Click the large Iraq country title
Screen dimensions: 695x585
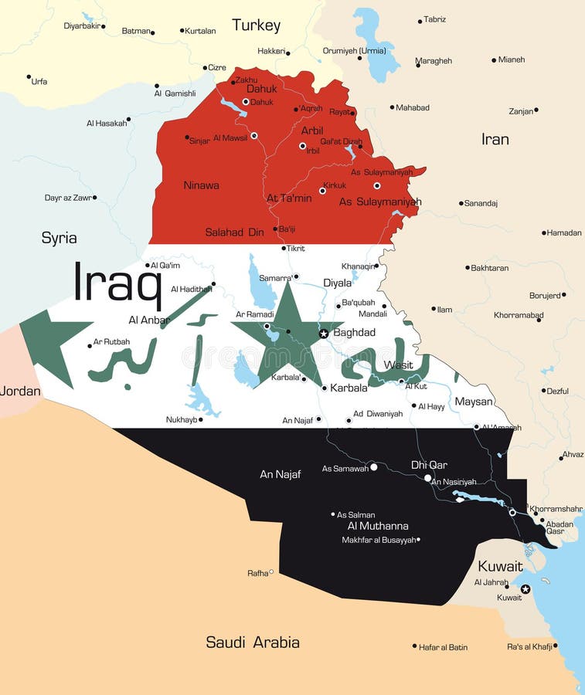click(117, 283)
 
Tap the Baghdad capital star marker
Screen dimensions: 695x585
click(324, 334)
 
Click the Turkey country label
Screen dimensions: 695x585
click(257, 25)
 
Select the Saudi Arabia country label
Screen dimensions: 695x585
click(253, 642)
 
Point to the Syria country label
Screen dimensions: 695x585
click(59, 238)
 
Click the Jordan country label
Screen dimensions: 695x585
click(20, 391)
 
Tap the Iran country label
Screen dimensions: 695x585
click(495, 139)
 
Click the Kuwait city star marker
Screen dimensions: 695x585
click(525, 589)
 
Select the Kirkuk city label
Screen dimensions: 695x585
click(335, 185)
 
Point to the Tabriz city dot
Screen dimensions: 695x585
click(420, 21)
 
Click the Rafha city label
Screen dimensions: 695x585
click(257, 573)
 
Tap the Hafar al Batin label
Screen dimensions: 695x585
click(444, 647)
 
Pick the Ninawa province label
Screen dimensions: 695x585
click(201, 185)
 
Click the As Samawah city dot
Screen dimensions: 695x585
click(374, 467)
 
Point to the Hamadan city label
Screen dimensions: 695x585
click(564, 232)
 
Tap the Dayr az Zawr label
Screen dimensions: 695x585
click(68, 198)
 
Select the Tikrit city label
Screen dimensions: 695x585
click(296, 248)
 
